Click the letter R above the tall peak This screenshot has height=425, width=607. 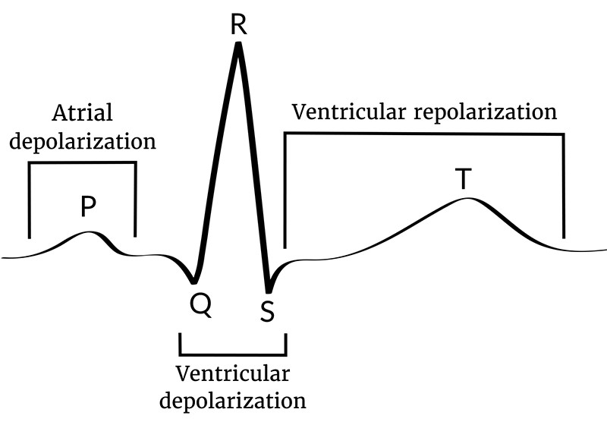(x=238, y=24)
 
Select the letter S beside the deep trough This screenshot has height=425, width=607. (x=266, y=310)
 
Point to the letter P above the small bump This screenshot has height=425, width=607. (x=89, y=206)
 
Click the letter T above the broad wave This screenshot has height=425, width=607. (x=463, y=179)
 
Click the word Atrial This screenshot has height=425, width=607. (x=82, y=114)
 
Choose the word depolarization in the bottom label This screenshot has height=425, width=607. (x=233, y=400)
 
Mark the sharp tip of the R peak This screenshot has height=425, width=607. (x=238, y=45)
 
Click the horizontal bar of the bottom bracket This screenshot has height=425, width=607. (x=233, y=354)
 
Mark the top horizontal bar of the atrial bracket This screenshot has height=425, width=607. (x=82, y=162)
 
